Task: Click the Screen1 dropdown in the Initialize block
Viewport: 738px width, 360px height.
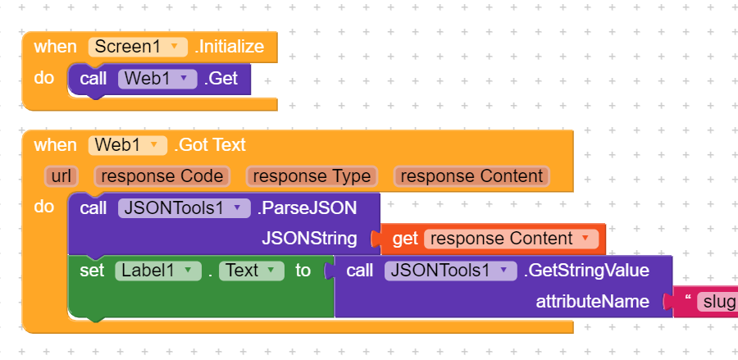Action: pyautogui.click(x=138, y=47)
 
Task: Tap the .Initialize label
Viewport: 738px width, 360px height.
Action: pyautogui.click(x=230, y=47)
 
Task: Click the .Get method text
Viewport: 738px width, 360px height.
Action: pyautogui.click(x=221, y=80)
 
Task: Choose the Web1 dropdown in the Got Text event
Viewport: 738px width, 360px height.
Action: pyautogui.click(x=128, y=145)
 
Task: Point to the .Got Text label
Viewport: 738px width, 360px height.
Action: pyautogui.click(x=209, y=145)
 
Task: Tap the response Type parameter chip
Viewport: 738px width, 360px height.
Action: pyautogui.click(x=311, y=176)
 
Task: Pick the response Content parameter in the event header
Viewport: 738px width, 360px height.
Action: pyautogui.click(x=471, y=176)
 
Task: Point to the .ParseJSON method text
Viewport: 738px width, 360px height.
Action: pyautogui.click(x=307, y=208)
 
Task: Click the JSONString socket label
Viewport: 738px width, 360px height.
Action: pyautogui.click(x=309, y=239)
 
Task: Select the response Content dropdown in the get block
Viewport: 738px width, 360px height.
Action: pyautogui.click(x=509, y=239)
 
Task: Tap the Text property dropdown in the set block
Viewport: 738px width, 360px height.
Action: pyautogui.click(x=250, y=271)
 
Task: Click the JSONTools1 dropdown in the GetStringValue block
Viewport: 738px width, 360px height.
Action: pyautogui.click(x=450, y=271)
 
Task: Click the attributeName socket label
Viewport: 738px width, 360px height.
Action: pyautogui.click(x=592, y=302)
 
